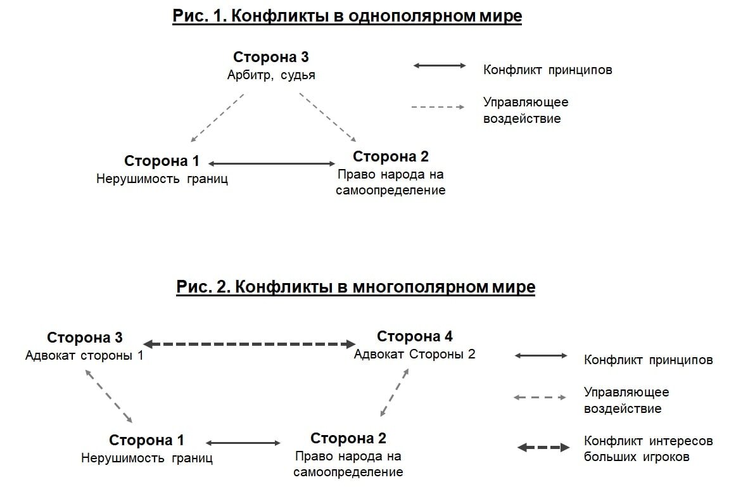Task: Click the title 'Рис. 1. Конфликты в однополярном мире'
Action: tap(347, 16)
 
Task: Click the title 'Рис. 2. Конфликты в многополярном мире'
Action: tap(355, 287)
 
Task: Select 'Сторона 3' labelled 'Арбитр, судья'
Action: tap(270, 57)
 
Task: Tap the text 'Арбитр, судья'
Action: tap(271, 75)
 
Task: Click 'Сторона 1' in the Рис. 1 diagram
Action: tap(162, 161)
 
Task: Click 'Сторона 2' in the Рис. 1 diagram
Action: tap(390, 156)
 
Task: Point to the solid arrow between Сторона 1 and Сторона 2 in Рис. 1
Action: tap(272, 163)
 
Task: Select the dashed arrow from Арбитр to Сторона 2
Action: tap(328, 117)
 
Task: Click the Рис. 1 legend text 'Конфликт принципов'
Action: tap(547, 70)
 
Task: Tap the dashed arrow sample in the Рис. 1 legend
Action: tap(438, 107)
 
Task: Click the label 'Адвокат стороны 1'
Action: tap(84, 355)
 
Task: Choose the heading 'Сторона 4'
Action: tap(415, 336)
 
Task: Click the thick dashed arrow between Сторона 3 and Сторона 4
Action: tap(250, 344)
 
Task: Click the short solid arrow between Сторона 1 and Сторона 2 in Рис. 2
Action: tap(243, 443)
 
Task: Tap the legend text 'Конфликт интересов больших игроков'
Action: tap(647, 448)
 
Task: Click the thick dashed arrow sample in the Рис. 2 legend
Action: tap(543, 448)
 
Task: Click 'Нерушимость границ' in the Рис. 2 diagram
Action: tap(146, 458)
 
